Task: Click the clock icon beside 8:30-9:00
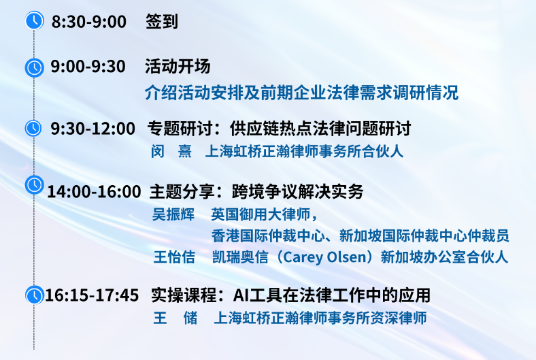tap(35, 20)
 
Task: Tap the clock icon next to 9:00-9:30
tap(34, 67)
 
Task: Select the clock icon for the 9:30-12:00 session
tap(33, 128)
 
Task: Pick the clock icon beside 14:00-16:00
tap(34, 184)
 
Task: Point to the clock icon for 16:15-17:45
tap(35, 295)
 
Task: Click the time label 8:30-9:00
tap(89, 22)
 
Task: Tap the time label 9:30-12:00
tap(93, 129)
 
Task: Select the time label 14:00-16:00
tap(94, 191)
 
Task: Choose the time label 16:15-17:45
tap(92, 295)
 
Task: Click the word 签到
tap(162, 22)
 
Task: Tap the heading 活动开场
tap(178, 66)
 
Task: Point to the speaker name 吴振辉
tap(173, 214)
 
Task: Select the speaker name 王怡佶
tap(174, 257)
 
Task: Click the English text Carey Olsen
tap(325, 257)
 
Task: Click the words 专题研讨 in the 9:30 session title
tap(180, 129)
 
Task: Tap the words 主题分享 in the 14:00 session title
tap(182, 191)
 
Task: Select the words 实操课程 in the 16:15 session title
tap(184, 295)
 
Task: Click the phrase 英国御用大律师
tap(261, 214)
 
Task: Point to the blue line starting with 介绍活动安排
tap(301, 93)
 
